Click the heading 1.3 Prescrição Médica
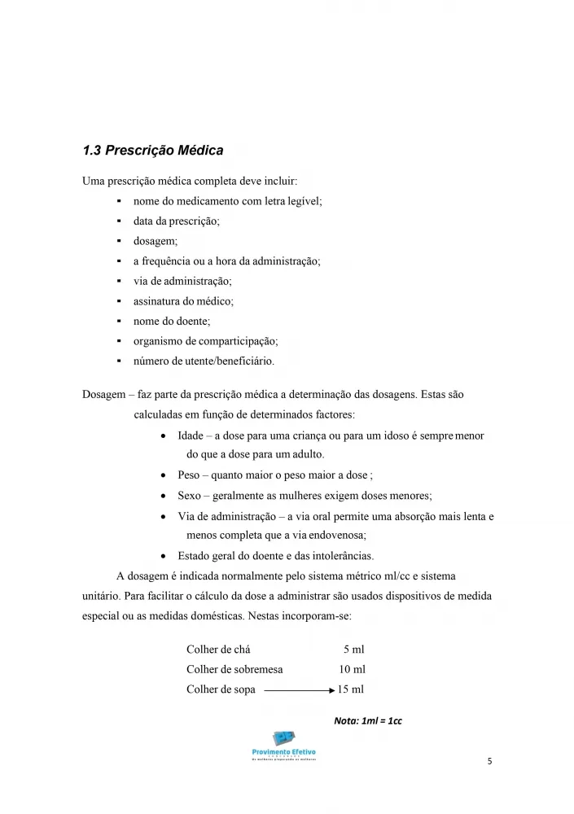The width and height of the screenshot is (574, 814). [x=153, y=151]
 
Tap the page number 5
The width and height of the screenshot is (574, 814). [x=489, y=762]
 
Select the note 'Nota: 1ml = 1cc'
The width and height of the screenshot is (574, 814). [x=368, y=720]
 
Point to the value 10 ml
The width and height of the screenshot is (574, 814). [x=352, y=669]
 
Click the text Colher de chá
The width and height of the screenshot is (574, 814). [x=218, y=649]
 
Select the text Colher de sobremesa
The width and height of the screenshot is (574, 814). [x=234, y=669]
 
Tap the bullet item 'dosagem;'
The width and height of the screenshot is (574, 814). [x=156, y=241]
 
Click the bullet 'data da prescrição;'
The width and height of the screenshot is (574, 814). [x=177, y=221]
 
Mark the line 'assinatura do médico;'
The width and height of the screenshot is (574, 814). [x=183, y=301]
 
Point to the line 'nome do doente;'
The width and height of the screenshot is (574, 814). [x=172, y=322]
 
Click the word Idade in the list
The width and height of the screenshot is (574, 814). [x=191, y=435]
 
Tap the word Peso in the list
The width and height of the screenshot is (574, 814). [x=190, y=475]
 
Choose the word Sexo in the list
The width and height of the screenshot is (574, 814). [x=190, y=495]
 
